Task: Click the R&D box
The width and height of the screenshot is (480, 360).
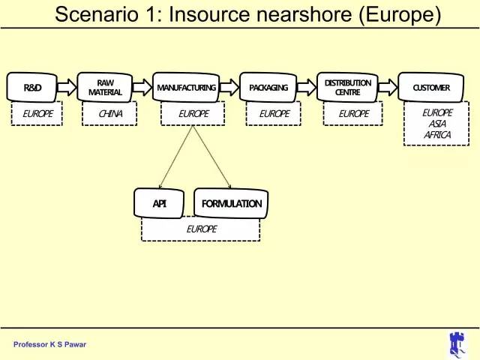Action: click(x=31, y=88)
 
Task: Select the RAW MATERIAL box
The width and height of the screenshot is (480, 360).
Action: click(x=105, y=88)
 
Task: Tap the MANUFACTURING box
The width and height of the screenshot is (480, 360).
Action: click(x=186, y=88)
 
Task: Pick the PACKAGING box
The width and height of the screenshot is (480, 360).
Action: click(x=268, y=88)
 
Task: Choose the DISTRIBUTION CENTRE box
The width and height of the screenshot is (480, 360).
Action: click(x=347, y=88)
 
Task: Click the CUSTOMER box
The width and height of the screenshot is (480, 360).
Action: click(x=431, y=88)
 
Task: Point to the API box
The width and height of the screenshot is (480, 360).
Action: click(x=159, y=203)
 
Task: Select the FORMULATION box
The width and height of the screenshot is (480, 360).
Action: click(x=232, y=203)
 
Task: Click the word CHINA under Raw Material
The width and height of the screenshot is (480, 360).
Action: click(x=110, y=114)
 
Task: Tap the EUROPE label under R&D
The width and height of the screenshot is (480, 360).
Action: click(x=37, y=114)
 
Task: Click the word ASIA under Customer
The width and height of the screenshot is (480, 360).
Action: click(x=437, y=124)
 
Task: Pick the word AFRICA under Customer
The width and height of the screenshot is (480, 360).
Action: click(x=437, y=135)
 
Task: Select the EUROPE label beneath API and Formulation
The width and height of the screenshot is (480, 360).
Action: click(x=202, y=229)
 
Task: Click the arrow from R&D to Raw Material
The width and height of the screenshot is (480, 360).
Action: click(x=67, y=87)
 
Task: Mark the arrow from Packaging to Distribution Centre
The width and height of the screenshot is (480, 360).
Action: click(x=307, y=87)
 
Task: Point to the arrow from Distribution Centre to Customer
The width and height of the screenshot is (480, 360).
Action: click(x=388, y=87)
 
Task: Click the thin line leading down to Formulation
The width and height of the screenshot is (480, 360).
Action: click(x=211, y=157)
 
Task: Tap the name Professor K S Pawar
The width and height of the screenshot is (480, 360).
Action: click(x=49, y=344)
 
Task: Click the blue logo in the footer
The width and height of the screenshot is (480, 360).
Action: click(x=457, y=345)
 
